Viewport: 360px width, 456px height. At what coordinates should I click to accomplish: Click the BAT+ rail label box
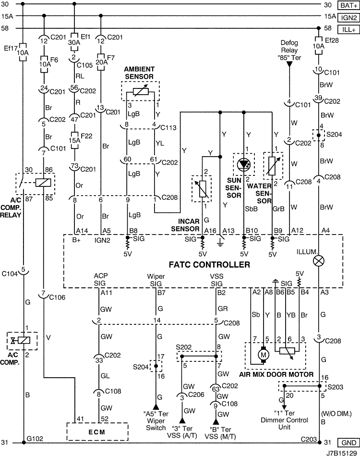(348, 5)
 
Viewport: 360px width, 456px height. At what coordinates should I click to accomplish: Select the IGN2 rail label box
(348, 17)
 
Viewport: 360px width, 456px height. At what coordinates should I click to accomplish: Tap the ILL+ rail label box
(348, 30)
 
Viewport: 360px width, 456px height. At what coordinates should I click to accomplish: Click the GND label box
(348, 443)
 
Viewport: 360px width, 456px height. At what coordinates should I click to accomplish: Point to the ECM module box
(97, 432)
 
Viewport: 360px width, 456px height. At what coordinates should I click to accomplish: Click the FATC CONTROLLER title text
(209, 265)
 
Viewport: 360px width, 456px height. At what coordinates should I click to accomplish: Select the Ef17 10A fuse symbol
(23, 52)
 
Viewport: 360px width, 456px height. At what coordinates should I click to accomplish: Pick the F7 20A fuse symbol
(100, 62)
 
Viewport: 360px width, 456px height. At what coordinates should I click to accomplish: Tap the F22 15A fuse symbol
(74, 140)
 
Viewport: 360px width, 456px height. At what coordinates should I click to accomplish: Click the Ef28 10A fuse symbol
(318, 46)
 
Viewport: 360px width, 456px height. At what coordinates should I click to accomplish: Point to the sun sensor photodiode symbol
(243, 165)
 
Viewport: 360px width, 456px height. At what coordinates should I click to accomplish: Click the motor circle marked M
(264, 355)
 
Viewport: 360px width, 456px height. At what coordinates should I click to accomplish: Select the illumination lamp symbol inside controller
(318, 261)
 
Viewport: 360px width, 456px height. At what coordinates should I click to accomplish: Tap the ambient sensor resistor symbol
(141, 91)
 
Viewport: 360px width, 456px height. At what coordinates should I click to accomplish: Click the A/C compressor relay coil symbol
(43, 183)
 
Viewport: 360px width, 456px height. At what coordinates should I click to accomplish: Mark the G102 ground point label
(35, 439)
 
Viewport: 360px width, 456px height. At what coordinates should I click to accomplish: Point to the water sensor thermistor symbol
(272, 166)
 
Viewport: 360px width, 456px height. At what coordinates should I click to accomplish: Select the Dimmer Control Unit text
(284, 423)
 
